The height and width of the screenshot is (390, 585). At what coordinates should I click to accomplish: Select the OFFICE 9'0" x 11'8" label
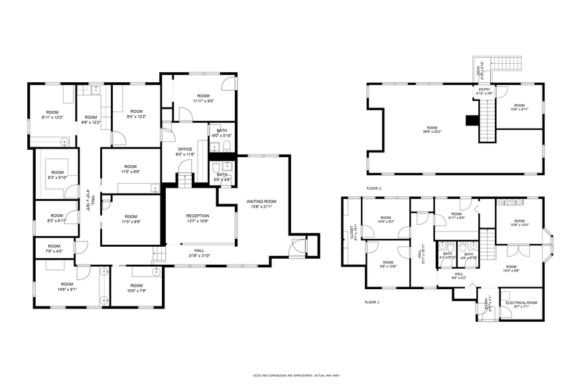coord(185,152)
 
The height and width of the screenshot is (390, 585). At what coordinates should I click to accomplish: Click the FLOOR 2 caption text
coord(373,188)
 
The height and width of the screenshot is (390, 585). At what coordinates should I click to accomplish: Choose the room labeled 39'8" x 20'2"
coord(432,129)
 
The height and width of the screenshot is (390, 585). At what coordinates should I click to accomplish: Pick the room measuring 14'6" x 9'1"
coord(67,287)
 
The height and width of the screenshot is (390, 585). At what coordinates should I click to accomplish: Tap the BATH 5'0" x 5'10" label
coord(222,133)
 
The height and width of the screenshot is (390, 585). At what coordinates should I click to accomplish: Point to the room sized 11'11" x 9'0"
coord(198,98)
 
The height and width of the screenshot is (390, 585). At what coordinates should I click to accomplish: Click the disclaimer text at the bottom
coord(292,375)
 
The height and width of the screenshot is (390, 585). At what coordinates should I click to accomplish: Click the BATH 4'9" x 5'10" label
coord(469,256)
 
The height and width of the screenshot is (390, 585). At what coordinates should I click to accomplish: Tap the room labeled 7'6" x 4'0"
coord(54,249)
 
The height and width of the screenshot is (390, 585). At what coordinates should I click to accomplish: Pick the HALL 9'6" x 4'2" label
coord(459,275)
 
